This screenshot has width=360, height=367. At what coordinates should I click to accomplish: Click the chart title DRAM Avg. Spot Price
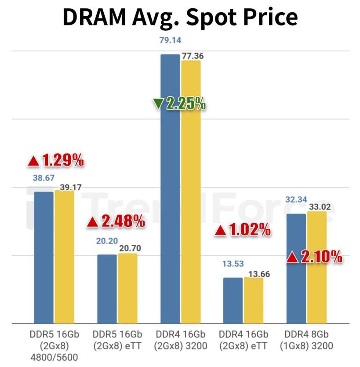[x=180, y=18]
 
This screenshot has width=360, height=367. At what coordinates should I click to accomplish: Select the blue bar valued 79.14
[x=170, y=189]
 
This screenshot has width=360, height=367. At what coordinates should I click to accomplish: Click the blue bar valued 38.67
[x=44, y=258]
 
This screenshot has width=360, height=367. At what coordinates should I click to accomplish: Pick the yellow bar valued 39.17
[x=64, y=257]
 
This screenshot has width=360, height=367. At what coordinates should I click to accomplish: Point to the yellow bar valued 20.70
[x=127, y=288]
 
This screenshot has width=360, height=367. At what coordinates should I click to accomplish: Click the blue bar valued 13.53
[x=233, y=301]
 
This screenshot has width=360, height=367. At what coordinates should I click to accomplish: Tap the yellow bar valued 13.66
[x=254, y=301]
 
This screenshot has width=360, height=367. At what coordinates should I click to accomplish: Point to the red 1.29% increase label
[x=56, y=161]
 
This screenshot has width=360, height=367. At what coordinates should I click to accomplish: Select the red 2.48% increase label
[x=116, y=222]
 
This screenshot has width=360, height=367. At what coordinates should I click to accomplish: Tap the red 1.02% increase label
[x=242, y=229]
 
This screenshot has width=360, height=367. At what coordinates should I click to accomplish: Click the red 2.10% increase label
[x=314, y=257]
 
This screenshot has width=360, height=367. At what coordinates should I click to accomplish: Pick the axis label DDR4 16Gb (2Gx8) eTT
[x=243, y=341]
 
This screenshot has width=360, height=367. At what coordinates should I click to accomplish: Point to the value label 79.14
[x=170, y=41]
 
